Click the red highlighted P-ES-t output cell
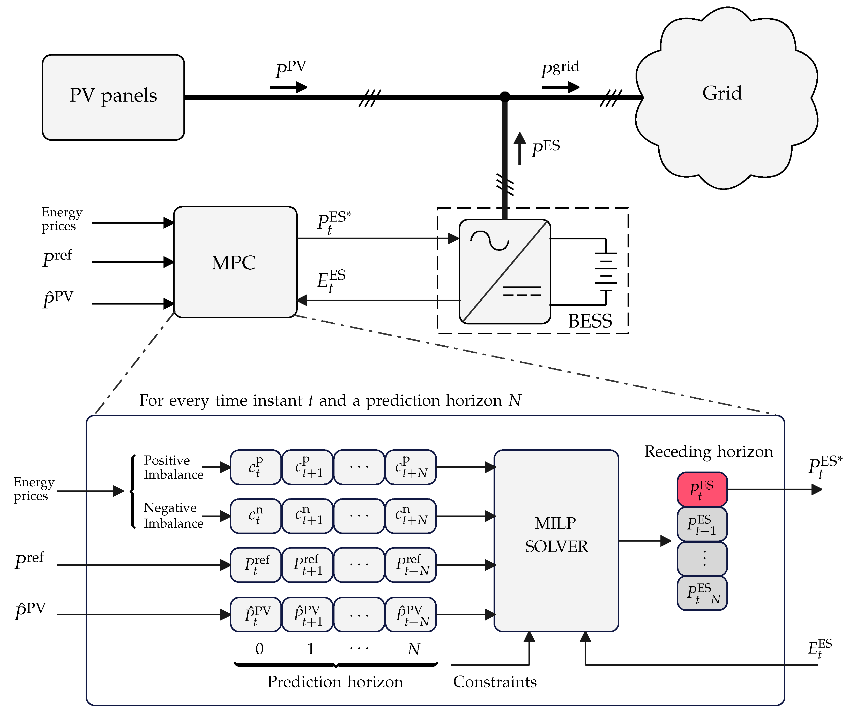[702, 489]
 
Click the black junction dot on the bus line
[505, 97]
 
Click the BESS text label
[590, 321]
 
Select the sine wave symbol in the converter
[489, 240]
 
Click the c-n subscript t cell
[256, 516]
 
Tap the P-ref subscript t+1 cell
[307, 565]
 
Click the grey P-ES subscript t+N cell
[702, 593]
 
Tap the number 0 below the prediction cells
[259, 649]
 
